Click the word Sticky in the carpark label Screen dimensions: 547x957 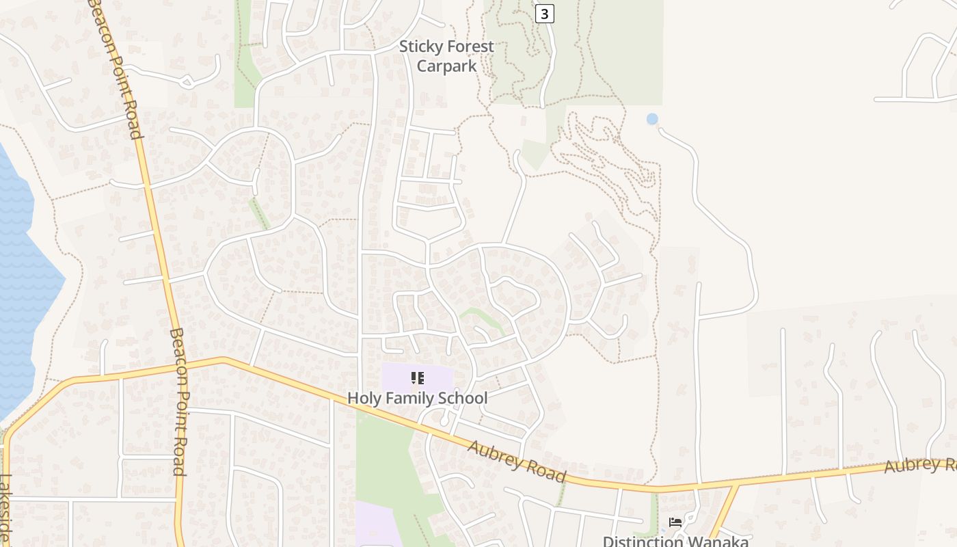click(418, 47)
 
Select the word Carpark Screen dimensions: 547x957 click(446, 66)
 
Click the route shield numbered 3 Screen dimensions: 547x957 click(544, 13)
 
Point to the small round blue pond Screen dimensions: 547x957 click(652, 119)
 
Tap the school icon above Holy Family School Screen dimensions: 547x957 click(418, 378)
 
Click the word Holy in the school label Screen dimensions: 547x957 click(363, 398)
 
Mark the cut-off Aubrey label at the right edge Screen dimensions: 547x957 click(920, 466)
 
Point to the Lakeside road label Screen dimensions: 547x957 click(6, 509)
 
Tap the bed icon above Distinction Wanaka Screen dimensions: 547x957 click(675, 522)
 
